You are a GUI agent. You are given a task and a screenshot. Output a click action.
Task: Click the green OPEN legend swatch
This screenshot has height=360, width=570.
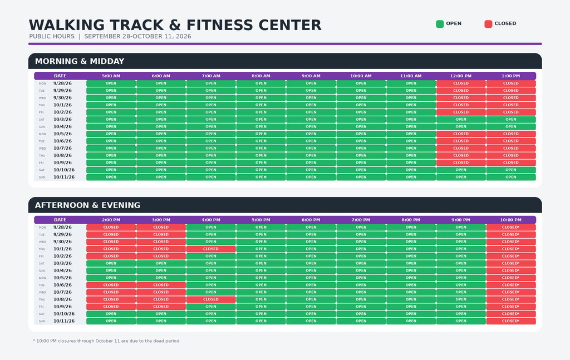click(440, 24)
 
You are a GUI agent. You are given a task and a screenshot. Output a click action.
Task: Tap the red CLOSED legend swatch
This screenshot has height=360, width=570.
click(488, 24)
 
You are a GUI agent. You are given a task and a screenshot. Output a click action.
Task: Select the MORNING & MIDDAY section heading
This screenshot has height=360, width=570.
click(80, 61)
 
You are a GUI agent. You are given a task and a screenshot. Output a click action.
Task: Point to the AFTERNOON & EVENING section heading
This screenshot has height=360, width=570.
click(87, 205)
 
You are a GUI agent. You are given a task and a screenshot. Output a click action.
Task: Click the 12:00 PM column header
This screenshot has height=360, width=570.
click(460, 76)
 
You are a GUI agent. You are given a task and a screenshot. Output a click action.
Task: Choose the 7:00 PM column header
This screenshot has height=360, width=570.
click(361, 220)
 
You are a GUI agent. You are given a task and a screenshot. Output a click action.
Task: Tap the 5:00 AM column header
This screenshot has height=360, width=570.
click(111, 76)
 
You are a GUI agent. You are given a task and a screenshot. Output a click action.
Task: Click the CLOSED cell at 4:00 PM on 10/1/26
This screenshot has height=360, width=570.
click(211, 249)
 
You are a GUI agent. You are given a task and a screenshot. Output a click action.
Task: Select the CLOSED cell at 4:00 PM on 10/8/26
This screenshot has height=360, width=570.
click(211, 299)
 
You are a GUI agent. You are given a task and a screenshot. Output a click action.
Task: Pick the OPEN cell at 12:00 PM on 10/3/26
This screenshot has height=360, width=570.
click(460, 119)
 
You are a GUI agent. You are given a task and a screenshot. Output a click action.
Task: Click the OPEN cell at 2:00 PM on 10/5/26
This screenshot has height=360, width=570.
click(111, 278)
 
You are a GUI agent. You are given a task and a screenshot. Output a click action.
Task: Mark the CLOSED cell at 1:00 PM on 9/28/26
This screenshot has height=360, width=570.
click(511, 83)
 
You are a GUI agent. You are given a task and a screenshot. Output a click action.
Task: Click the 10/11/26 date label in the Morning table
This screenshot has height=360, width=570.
click(64, 177)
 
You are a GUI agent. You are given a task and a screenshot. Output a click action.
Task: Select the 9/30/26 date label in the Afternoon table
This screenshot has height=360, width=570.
click(62, 241)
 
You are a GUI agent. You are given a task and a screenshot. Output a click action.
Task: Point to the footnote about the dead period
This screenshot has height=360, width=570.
click(106, 341)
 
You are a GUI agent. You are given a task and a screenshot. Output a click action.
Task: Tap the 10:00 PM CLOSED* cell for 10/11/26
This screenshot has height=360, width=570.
click(511, 320)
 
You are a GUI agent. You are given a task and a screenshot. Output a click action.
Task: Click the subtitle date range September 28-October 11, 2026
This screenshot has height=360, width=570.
click(138, 36)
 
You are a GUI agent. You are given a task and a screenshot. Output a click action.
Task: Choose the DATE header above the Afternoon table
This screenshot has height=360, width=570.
click(60, 220)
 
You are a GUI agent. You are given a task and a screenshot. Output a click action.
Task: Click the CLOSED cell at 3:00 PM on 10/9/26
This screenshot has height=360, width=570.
click(161, 307)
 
